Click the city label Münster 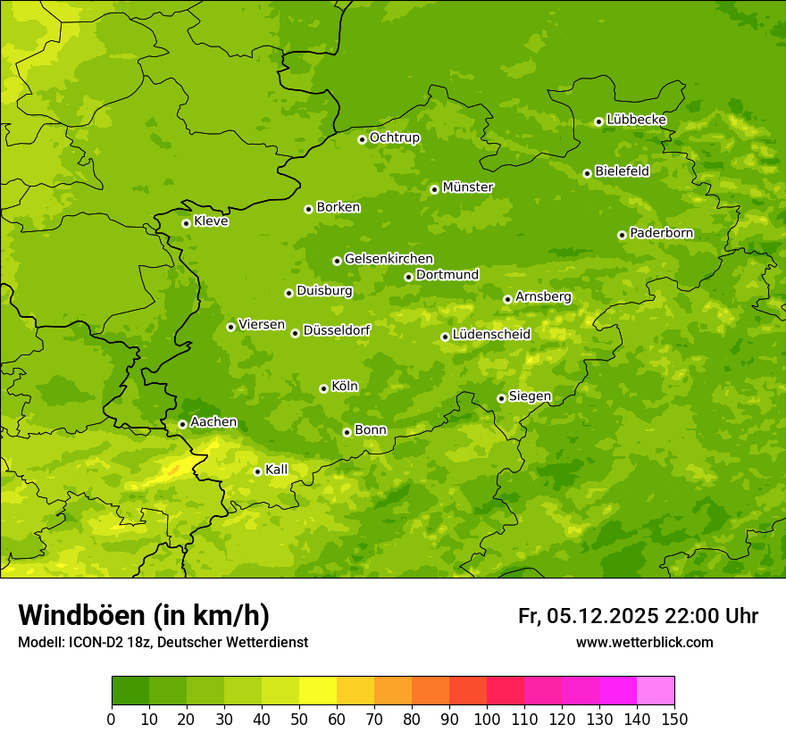click(468, 187)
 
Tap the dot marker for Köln click(323, 388)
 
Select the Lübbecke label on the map click(636, 120)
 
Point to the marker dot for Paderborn click(622, 235)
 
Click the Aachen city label click(213, 422)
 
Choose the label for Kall click(277, 470)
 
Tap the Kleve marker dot click(186, 223)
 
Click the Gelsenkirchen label click(389, 259)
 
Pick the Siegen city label click(530, 396)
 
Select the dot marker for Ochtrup click(362, 139)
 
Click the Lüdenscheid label click(491, 335)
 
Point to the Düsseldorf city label click(337, 330)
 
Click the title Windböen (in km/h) click(144, 615)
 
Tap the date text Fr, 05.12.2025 click(589, 616)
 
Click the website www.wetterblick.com click(644, 642)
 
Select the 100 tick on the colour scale click(487, 718)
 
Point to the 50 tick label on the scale click(299, 718)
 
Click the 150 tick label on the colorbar click(674, 718)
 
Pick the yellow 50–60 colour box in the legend click(318, 690)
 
